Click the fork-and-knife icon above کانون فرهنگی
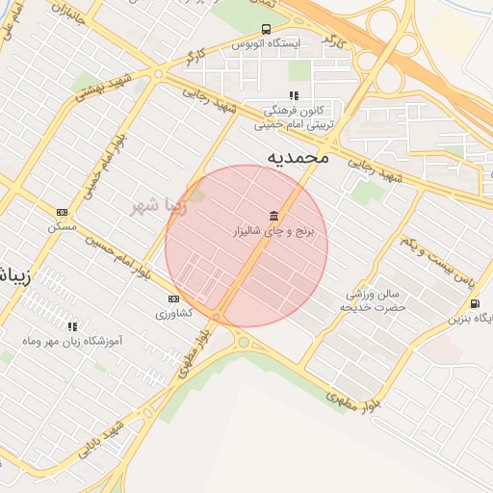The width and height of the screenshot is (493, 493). pyautogui.click(x=294, y=95)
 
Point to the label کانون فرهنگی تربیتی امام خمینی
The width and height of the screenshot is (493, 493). pyautogui.click(x=295, y=117)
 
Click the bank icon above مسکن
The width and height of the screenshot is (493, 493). pyautogui.click(x=63, y=212)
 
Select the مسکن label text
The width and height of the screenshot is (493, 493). pyautogui.click(x=61, y=227)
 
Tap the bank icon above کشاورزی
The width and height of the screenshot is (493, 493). pyautogui.click(x=173, y=298)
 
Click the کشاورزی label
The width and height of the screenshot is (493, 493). pyautogui.click(x=173, y=314)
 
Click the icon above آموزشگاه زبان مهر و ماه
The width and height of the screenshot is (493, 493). pyautogui.click(x=73, y=326)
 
